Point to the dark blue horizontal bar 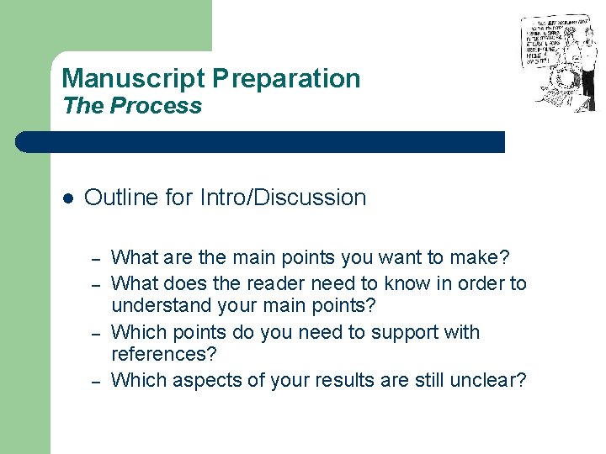click(x=261, y=142)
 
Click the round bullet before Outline click(x=68, y=198)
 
